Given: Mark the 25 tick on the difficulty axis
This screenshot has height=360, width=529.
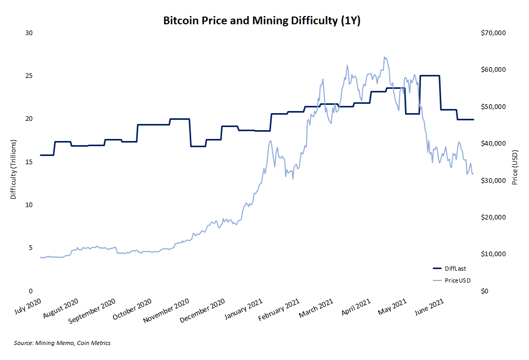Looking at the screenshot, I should click(x=29, y=76).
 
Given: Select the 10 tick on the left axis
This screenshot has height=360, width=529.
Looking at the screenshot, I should click(x=29, y=205).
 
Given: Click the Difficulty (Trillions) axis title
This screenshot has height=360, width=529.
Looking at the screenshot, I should click(x=13, y=169).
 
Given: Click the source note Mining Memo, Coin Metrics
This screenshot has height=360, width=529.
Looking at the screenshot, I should click(x=62, y=343).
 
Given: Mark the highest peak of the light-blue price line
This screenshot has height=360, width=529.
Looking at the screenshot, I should click(x=384, y=57).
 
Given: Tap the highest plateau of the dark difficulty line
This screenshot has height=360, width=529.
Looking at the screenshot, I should click(x=429, y=76).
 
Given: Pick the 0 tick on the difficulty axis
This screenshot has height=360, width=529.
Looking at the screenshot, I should click(x=30, y=291).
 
